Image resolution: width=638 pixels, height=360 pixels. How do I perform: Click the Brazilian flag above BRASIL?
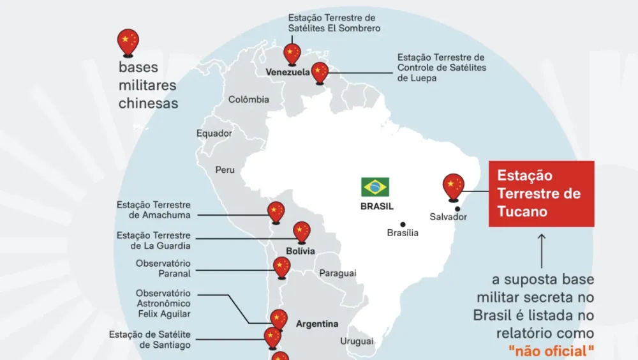375,187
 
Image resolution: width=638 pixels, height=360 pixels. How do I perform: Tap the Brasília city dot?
403,224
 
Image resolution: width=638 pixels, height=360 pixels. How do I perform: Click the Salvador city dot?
457,208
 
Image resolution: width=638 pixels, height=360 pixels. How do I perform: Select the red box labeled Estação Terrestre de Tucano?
541,193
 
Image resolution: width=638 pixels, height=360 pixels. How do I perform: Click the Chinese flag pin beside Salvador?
453,185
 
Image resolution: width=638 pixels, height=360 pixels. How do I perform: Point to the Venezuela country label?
288,73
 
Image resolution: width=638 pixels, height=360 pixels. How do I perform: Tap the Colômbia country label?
249,100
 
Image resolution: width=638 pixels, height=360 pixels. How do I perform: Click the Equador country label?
214,133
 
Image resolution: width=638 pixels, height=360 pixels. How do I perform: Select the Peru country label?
225,170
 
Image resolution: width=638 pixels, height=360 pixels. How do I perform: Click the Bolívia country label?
299,251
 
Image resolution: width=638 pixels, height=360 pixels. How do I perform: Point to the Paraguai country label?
338,273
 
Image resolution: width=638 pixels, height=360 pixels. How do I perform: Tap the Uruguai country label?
357,341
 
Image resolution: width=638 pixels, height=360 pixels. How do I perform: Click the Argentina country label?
317,324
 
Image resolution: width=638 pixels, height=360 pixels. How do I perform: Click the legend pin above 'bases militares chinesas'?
128,42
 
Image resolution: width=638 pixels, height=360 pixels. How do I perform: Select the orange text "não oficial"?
551,350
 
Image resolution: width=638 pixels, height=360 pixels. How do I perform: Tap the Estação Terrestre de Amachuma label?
153,210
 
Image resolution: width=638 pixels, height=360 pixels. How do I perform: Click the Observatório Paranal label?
163,268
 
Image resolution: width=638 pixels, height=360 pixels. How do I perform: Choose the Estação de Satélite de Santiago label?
150,340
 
